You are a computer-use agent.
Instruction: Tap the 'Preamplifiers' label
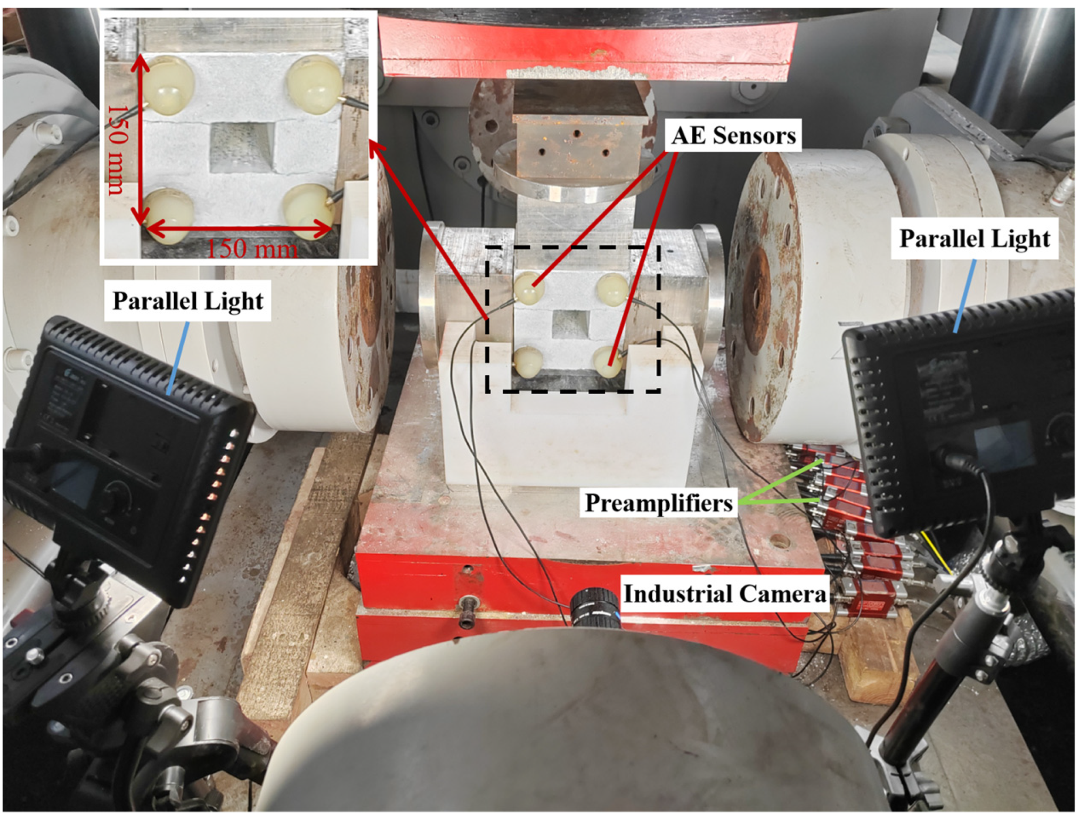point(659,503)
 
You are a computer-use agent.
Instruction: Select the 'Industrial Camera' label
point(725,593)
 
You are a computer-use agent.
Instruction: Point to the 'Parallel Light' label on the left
point(188,301)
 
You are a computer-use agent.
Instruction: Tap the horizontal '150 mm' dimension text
point(251,249)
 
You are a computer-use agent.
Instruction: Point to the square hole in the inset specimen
point(243,148)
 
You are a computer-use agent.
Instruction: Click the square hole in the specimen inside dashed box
point(570,325)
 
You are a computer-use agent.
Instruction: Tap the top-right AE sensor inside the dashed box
point(613,289)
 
